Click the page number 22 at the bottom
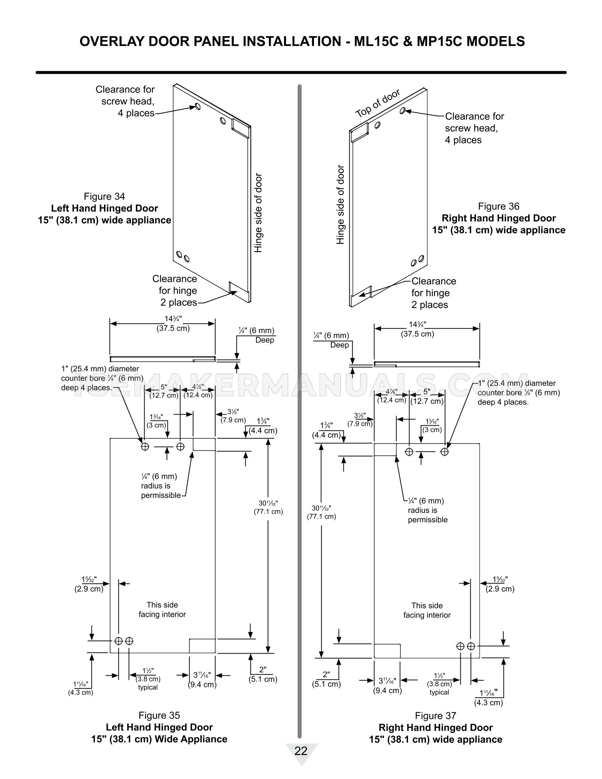pos(301,751)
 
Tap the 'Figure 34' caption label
pos(104,197)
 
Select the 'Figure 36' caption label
pos(498,206)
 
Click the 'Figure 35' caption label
pos(159,716)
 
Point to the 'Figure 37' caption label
pos(435,716)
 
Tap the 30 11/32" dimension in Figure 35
pos(268,503)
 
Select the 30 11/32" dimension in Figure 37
pos(321,508)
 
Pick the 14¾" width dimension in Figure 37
pos(417,325)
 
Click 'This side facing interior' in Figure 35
pos(162,610)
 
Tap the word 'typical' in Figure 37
pos(439,692)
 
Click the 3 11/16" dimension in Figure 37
pos(387,681)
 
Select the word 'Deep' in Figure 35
pos(265,340)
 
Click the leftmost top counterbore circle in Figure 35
pos(145,446)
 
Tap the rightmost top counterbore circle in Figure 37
pos(444,451)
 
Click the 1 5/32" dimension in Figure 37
pos(500,579)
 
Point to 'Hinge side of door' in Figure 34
pos(258,213)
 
